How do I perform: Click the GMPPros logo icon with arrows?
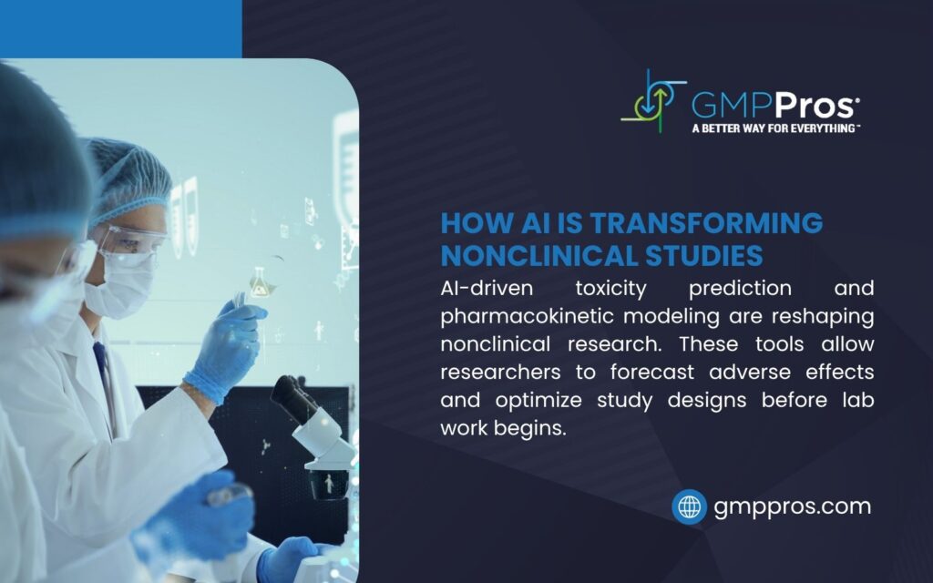(653, 101)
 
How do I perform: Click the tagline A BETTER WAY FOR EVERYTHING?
(775, 128)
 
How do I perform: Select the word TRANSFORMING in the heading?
(706, 222)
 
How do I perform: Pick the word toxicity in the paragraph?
(611, 289)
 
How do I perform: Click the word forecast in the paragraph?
(652, 373)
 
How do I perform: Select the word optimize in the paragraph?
(538, 401)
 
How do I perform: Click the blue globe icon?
(689, 506)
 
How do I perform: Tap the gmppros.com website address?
(793, 506)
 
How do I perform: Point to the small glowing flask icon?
(260, 283)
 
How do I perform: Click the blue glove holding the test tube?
(226, 351)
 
